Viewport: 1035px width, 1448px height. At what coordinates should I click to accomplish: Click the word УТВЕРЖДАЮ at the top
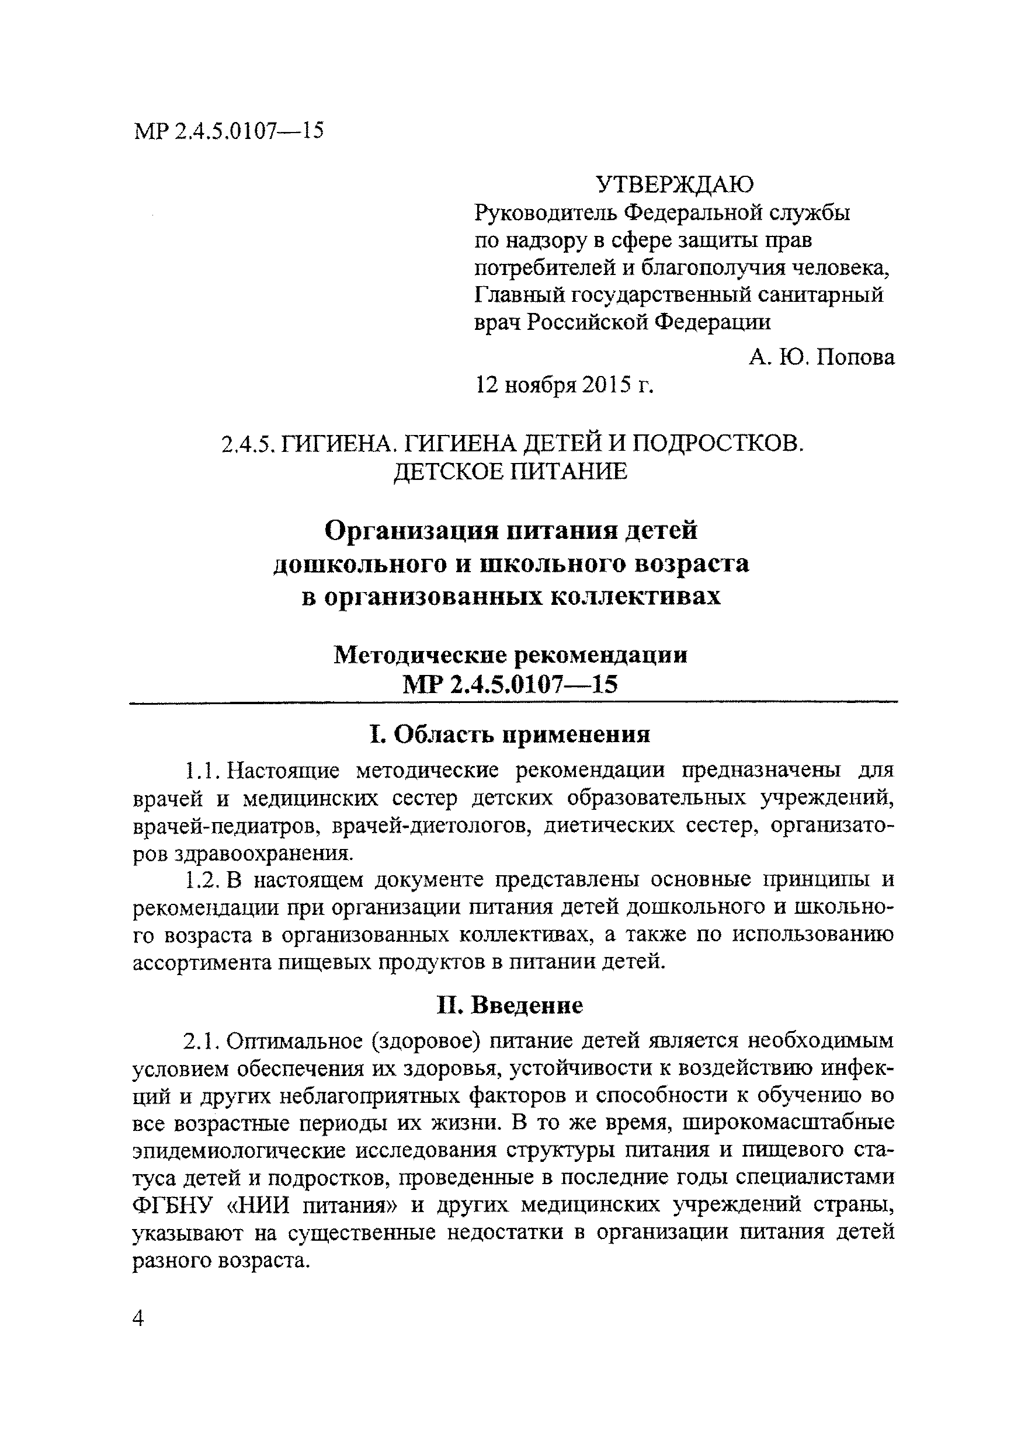[x=674, y=185]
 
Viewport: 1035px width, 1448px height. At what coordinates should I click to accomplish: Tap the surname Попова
[x=855, y=357]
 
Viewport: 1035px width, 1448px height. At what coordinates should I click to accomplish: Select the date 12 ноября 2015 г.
[x=565, y=385]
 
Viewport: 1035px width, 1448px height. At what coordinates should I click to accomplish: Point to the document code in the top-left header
[x=230, y=131]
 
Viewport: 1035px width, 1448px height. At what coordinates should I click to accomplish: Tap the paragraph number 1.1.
[x=202, y=771]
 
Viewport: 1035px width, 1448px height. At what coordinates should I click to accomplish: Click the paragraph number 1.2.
[x=202, y=880]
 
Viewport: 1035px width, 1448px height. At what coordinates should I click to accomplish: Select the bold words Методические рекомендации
[x=510, y=655]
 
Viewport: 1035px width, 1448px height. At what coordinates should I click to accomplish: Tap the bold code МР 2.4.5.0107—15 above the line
[x=510, y=685]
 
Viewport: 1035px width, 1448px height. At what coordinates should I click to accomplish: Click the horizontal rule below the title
[x=513, y=702]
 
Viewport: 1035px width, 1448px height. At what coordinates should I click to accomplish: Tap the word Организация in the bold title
[x=404, y=530]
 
